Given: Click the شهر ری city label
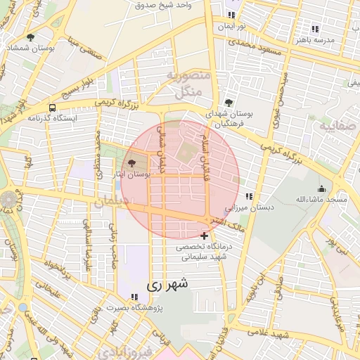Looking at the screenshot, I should pos(167,286).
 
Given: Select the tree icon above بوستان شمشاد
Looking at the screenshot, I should pos(30,37).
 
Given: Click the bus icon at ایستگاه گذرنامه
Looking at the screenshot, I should pos(53,108).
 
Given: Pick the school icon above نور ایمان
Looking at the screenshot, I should pos(231,15).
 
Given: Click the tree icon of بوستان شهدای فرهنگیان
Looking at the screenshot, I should pos(230,102).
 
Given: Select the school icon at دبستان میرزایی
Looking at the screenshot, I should pos(248,196).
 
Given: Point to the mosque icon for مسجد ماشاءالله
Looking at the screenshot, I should pos(322,188).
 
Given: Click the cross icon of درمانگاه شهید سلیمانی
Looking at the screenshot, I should pos(204,235).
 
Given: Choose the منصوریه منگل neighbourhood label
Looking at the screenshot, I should pos(186,82).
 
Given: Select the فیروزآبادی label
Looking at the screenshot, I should pos(123,351).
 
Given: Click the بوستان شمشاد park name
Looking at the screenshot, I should pos(30,47).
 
